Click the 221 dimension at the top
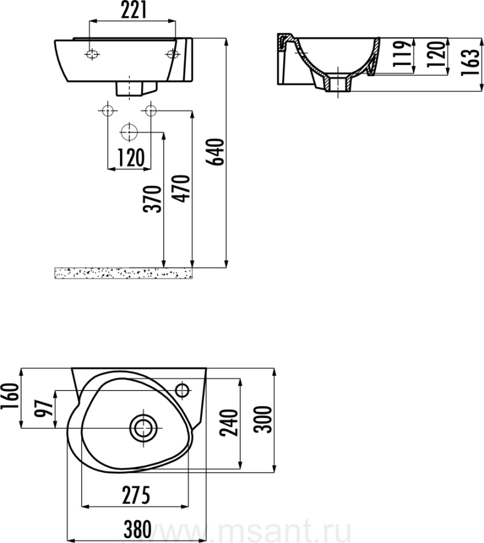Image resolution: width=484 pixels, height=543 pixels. pos(134,10)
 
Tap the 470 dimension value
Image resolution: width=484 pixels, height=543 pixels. pos(181,188)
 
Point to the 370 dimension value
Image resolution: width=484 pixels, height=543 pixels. pos(152,198)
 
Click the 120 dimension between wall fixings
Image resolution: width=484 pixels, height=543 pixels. pos(131,158)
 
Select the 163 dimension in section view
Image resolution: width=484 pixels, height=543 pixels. pos(471,62)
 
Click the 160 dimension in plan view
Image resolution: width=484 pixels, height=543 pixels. pos(9,396)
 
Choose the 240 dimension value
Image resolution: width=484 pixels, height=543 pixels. pos(230,422)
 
